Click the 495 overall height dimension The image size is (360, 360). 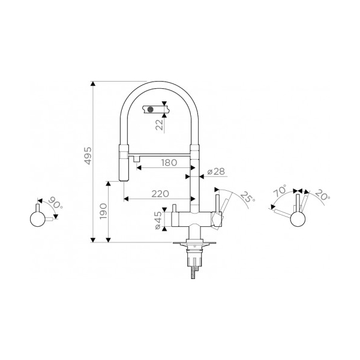pos(88,155)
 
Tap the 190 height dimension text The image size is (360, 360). pos(104,211)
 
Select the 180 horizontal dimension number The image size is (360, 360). pos(169,163)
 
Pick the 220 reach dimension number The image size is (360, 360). pos(160,194)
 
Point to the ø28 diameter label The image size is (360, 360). pos(216,172)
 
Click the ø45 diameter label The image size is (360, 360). pos(158,220)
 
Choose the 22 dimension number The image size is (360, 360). pos(159,125)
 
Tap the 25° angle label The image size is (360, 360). pos(247,197)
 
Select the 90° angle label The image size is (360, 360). pos(56,203)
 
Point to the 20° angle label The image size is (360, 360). pos(322,194)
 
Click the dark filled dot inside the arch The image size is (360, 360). pos(150,110)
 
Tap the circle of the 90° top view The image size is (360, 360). pos(37,219)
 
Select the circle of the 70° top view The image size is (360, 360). pos(298,219)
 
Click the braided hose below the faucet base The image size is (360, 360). pos(193,272)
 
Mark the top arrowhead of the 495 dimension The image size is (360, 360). pos(93,83)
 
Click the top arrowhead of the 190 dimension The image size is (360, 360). pos(109,184)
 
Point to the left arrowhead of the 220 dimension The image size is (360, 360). pos(126,199)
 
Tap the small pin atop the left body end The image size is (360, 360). pos(174,208)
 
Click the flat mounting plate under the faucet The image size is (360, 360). pos(194,242)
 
